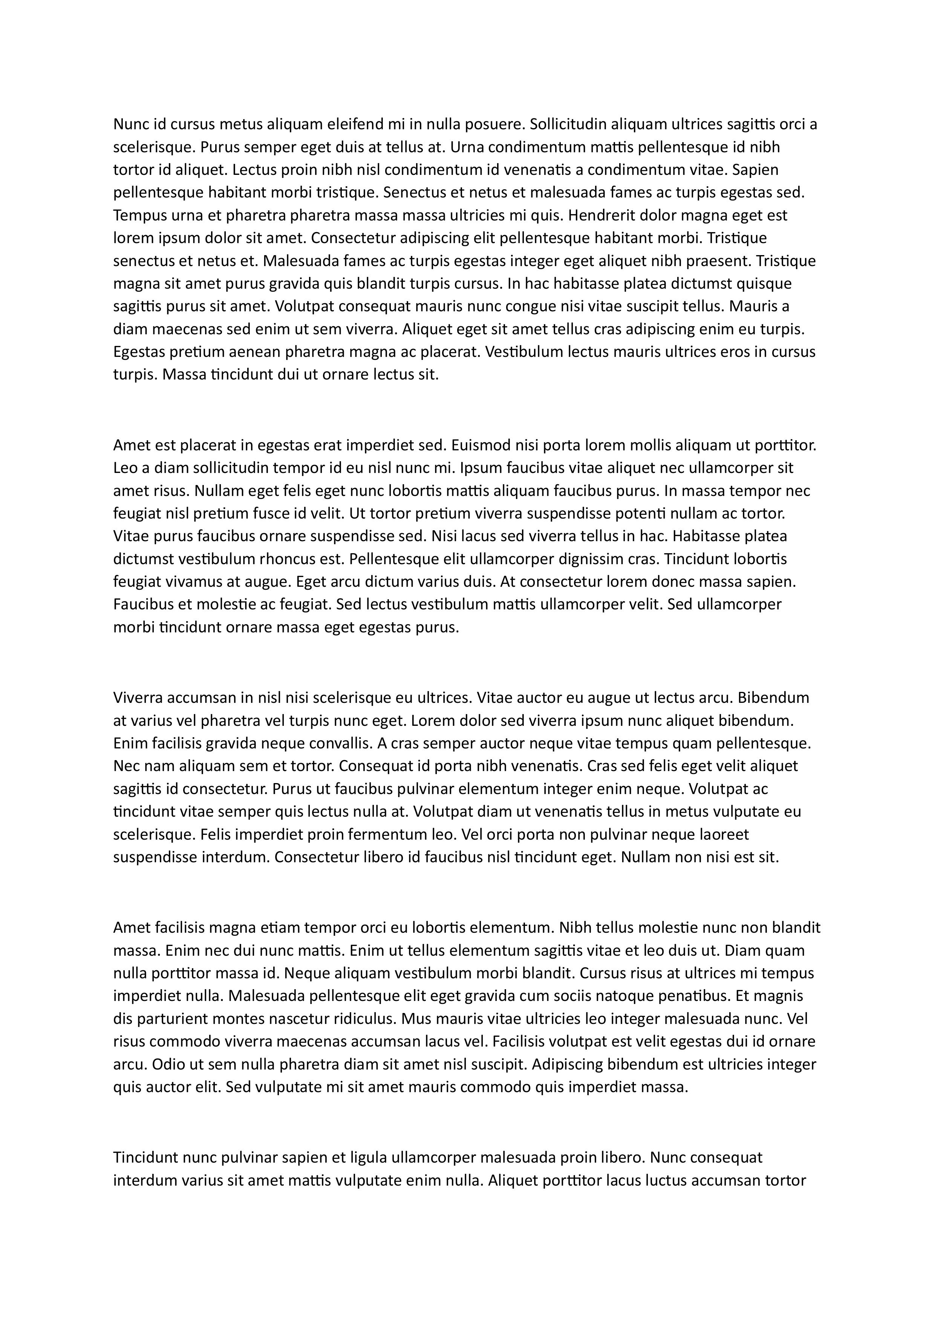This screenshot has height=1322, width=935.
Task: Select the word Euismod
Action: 480,445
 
